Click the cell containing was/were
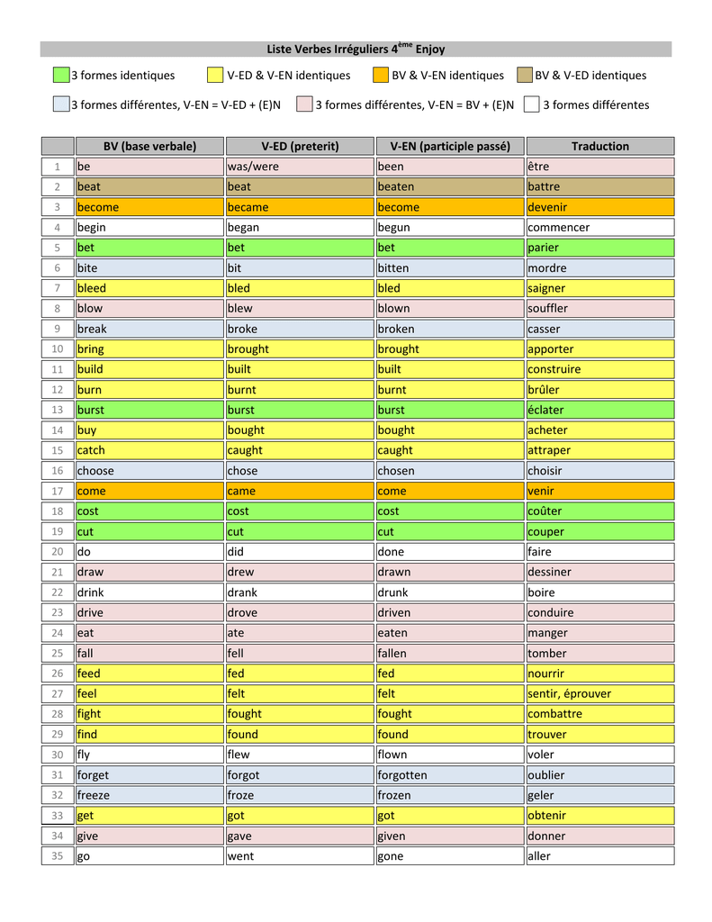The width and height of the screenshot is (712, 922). (x=253, y=167)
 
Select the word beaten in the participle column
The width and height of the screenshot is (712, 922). (x=396, y=186)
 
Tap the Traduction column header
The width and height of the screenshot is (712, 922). (x=599, y=146)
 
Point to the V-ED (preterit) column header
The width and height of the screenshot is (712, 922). (x=300, y=146)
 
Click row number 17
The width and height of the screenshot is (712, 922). (x=58, y=491)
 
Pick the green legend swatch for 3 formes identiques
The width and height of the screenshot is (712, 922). (x=60, y=76)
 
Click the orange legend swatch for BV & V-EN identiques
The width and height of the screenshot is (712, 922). (x=381, y=76)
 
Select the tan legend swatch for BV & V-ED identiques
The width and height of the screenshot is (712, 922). (x=525, y=76)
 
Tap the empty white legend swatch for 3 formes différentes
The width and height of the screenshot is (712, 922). (x=532, y=104)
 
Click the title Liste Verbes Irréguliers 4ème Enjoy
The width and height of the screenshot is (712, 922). (x=356, y=50)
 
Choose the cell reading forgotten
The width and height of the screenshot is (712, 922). (x=402, y=774)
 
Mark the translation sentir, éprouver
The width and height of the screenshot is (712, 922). (x=569, y=693)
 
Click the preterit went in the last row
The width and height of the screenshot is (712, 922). (x=240, y=855)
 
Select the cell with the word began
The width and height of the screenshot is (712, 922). (x=243, y=227)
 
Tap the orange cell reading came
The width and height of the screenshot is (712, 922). (x=241, y=491)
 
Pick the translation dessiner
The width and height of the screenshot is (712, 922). (x=549, y=572)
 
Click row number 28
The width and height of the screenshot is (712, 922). (x=58, y=714)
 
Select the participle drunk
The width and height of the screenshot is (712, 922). (x=392, y=592)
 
